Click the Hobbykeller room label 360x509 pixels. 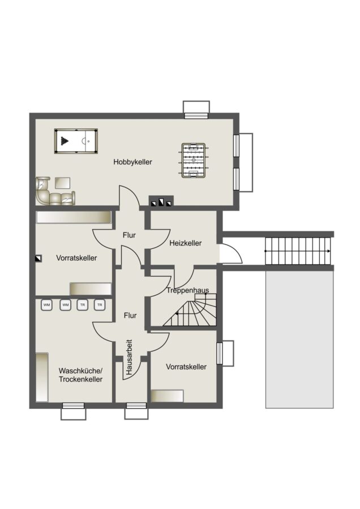[132, 162]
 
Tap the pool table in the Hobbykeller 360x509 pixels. [76, 141]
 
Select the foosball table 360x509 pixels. [194, 161]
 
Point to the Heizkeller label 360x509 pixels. [185, 243]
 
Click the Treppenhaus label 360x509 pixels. [188, 290]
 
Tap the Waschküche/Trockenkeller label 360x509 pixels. [80, 375]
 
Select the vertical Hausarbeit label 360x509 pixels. [129, 357]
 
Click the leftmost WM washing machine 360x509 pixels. [47, 305]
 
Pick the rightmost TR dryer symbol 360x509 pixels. [100, 305]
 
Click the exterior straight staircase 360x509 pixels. [298, 251]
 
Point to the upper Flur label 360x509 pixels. [129, 235]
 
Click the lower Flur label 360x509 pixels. [130, 315]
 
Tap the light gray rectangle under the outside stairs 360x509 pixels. [299, 339]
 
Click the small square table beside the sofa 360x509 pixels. [62, 183]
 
